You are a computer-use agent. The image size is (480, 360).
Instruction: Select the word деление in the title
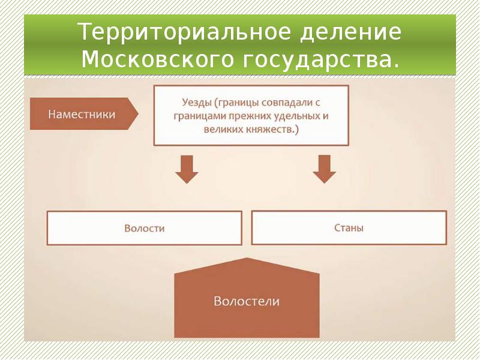coord(350,32)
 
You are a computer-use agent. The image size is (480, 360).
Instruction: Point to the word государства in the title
coord(316,61)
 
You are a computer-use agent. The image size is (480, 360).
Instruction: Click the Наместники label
coord(82,114)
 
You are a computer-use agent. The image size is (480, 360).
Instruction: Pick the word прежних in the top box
coord(248,116)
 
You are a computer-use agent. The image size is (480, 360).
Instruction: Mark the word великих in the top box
coord(223,130)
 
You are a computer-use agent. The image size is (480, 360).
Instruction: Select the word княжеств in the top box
coord(271,130)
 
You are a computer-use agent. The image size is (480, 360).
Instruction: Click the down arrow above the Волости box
coord(187,169)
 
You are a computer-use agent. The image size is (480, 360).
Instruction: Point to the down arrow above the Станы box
coord(324,169)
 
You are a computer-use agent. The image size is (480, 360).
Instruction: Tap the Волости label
coord(145,229)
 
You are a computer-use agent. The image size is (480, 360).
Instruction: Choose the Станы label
coord(349,228)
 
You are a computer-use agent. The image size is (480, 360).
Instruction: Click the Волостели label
coord(247,301)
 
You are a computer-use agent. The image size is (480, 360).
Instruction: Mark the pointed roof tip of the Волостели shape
coord(247,258)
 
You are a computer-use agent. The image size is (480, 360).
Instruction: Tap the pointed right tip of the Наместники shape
coord(138,114)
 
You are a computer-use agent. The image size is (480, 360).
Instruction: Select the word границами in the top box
coord(199,116)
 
